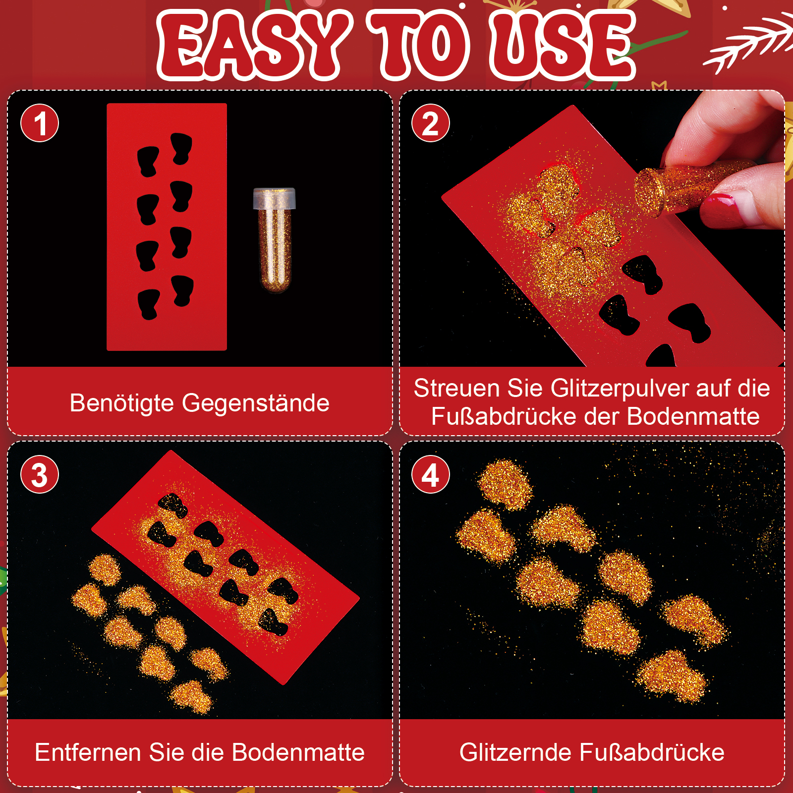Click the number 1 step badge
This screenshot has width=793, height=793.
(x=40, y=123)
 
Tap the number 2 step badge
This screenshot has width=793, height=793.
(x=431, y=123)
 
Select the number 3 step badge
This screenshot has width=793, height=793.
(x=40, y=474)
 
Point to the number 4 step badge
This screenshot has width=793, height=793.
(x=431, y=474)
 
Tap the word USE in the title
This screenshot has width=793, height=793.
(x=562, y=45)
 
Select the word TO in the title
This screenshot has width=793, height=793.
(x=421, y=45)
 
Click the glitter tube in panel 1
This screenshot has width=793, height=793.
(x=274, y=240)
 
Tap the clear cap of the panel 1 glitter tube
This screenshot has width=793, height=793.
(x=274, y=198)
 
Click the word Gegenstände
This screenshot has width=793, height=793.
(x=256, y=403)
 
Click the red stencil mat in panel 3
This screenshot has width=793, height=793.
(x=226, y=567)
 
